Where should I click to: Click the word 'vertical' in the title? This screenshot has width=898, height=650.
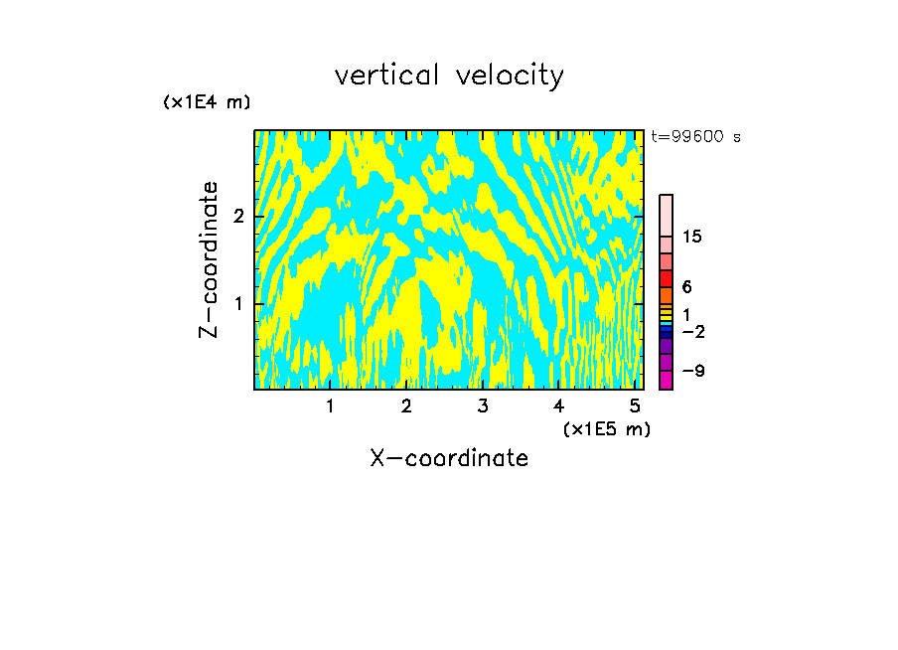click(385, 76)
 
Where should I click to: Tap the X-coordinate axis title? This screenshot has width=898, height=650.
click(449, 458)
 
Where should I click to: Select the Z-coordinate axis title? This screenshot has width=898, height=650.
click(209, 259)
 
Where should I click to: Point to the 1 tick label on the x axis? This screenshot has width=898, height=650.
click(330, 406)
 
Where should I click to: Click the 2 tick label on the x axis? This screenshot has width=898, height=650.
click(406, 406)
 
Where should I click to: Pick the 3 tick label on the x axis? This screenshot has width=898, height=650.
click(483, 406)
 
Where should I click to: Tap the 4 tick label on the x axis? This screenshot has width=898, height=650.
click(558, 406)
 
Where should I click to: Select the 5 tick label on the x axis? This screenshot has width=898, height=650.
click(635, 406)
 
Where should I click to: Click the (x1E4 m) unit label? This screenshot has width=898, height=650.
click(207, 102)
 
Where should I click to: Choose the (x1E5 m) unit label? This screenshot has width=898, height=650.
click(606, 428)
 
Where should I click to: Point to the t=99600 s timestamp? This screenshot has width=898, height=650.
click(695, 137)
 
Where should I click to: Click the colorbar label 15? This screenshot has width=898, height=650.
click(692, 237)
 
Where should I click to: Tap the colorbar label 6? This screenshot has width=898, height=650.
click(686, 287)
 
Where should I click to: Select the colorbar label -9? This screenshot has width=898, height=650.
click(692, 371)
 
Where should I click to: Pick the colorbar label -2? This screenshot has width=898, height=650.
click(692, 331)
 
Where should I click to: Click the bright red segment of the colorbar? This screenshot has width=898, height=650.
click(666, 279)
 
